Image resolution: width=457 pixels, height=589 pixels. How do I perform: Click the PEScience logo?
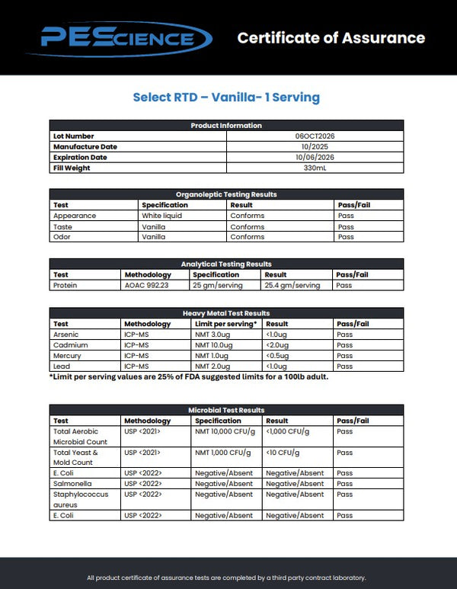coord(117,37)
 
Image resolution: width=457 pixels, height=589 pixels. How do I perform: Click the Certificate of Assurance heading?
coord(331,37)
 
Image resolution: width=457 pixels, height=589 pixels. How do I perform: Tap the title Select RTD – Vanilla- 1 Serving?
coord(226,97)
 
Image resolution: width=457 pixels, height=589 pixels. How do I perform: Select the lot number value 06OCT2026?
coord(315,136)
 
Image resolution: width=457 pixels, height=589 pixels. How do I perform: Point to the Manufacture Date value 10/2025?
coord(315,146)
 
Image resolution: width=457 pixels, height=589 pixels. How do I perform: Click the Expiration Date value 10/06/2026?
coord(315,157)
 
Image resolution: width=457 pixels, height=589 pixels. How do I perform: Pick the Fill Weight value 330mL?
coord(315,168)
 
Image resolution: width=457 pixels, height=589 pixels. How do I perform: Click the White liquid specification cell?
coord(161,216)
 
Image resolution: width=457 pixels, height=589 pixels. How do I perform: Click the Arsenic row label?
coord(66,334)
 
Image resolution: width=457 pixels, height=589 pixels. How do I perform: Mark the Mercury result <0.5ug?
coord(277,355)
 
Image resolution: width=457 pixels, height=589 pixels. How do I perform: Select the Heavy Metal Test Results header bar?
coord(226,313)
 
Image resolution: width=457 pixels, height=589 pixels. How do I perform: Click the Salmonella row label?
coord(71,483)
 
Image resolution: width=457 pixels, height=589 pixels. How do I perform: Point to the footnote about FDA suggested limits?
coord(189,376)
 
